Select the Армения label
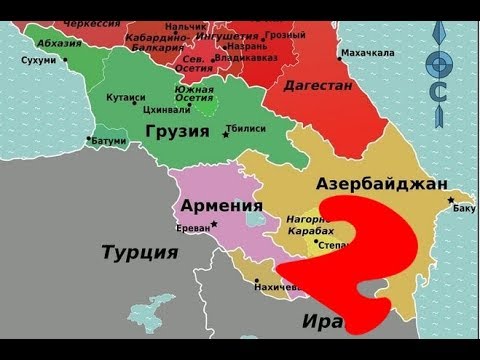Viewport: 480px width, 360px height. (x=214, y=207)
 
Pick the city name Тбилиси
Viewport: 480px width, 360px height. (x=245, y=129)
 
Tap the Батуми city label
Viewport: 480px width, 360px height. (x=109, y=141)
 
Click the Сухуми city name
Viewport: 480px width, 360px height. (x=38, y=59)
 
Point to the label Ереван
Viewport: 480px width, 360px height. (x=192, y=228)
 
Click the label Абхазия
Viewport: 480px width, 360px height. (x=59, y=43)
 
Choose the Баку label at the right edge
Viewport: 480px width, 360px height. (x=464, y=209)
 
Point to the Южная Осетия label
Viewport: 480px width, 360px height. (x=196, y=96)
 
